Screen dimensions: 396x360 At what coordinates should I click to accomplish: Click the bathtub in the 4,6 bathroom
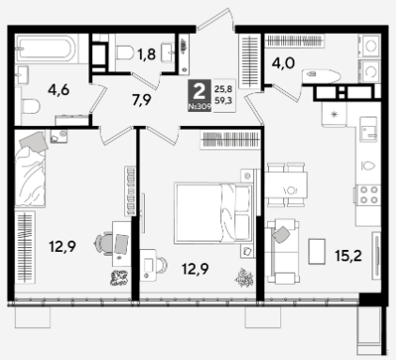click(x=46, y=48)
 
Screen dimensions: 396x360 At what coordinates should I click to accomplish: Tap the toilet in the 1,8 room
click(x=125, y=53)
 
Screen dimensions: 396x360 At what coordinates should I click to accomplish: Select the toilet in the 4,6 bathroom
click(x=30, y=105)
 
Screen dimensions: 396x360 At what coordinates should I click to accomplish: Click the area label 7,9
click(x=142, y=100)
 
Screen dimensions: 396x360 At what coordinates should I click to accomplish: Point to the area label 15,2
click(x=348, y=256)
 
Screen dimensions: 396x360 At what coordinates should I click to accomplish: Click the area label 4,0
click(x=283, y=63)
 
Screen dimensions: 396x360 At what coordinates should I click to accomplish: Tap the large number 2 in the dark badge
click(x=199, y=91)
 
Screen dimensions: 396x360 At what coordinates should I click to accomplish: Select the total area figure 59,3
click(x=223, y=101)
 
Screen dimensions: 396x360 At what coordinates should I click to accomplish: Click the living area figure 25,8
click(x=223, y=89)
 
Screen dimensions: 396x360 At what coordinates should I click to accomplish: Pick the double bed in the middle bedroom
click(x=214, y=212)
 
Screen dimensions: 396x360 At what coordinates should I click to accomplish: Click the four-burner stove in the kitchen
click(x=369, y=195)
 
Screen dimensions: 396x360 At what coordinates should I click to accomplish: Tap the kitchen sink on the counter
click(x=368, y=130)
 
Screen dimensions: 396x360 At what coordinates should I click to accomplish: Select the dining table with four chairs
click(x=286, y=184)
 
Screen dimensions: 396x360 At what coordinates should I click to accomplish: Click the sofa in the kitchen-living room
click(x=282, y=251)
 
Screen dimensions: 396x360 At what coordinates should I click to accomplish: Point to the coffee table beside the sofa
click(x=317, y=251)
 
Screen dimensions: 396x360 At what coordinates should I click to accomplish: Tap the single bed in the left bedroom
click(x=31, y=169)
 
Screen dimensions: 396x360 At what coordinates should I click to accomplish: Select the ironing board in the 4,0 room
click(x=322, y=75)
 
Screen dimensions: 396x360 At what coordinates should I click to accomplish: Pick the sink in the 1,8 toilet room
click(x=168, y=53)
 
